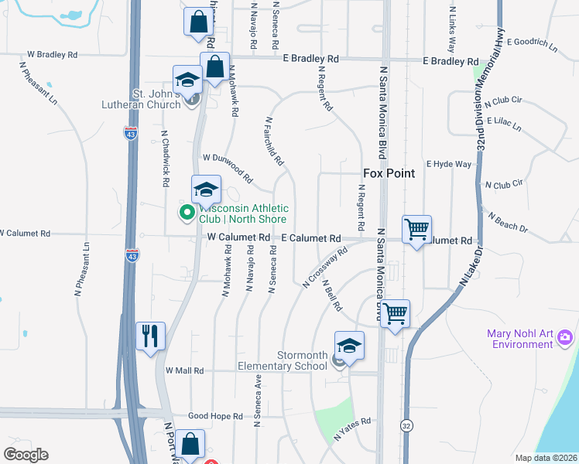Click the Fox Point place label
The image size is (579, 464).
(389, 173)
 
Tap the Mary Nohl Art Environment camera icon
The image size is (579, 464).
(565, 336)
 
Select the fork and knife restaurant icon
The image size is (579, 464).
(150, 336)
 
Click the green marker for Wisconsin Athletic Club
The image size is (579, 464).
(187, 212)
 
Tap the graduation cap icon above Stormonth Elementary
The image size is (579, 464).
(349, 345)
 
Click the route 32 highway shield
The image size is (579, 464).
(407, 425)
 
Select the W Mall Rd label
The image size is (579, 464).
(183, 371)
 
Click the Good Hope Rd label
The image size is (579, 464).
(215, 416)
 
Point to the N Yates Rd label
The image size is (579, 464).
(352, 430)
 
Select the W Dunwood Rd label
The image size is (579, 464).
(228, 167)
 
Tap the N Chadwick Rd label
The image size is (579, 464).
(165, 159)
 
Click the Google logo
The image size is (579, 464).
(26, 455)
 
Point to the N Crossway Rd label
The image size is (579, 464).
(324, 268)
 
